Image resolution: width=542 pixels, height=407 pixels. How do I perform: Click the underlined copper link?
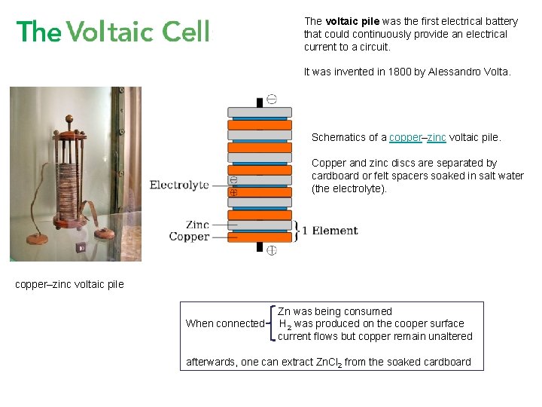pyautogui.click(x=406, y=137)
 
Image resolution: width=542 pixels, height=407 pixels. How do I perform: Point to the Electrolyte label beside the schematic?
pyautogui.click(x=179, y=185)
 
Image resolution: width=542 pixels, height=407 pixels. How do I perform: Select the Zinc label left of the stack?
pyautogui.click(x=197, y=225)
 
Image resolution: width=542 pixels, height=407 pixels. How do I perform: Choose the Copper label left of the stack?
pyautogui.click(x=189, y=237)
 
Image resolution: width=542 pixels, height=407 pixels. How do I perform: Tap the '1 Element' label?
pyautogui.click(x=330, y=231)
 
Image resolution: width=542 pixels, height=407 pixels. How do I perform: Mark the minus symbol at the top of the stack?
pyautogui.click(x=271, y=99)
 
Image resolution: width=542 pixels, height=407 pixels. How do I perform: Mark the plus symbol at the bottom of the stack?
pyautogui.click(x=271, y=250)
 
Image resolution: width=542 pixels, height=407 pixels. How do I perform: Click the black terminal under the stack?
pyautogui.click(x=260, y=247)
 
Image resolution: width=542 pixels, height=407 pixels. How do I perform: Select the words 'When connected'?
pyautogui.click(x=224, y=324)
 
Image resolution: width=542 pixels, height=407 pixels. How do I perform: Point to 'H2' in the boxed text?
pyautogui.click(x=286, y=324)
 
